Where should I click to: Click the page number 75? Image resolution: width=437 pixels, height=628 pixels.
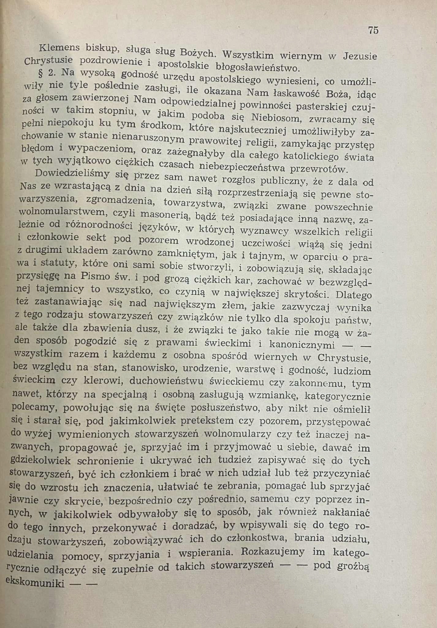pyautogui.click(x=373, y=30)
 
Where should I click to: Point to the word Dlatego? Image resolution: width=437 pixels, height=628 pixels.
pyautogui.click(x=354, y=295)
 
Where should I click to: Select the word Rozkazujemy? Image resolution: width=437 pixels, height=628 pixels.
pyautogui.click(x=273, y=551)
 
